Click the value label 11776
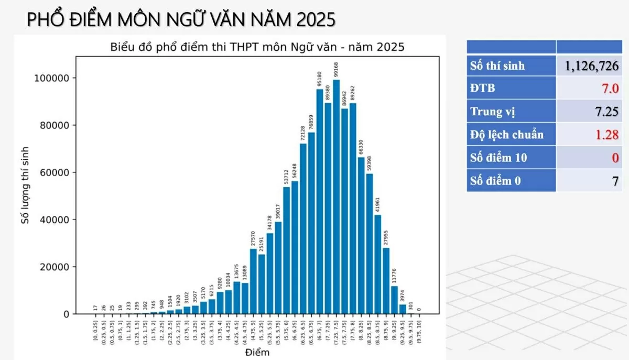(x=394, y=276)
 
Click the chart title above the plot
(x=257, y=47)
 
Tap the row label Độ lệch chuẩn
(x=507, y=135)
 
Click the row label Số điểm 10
(x=498, y=158)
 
